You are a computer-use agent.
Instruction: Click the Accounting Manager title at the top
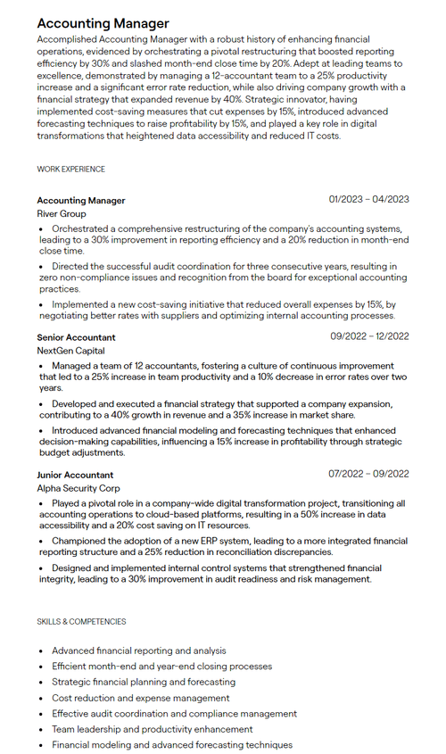point(103,23)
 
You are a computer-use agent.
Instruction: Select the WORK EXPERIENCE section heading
point(70,169)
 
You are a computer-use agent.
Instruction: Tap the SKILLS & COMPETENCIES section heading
point(81,621)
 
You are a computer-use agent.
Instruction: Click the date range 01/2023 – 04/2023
point(368,200)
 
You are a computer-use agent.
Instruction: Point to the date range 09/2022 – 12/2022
point(369,336)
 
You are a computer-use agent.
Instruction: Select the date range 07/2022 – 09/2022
point(368,474)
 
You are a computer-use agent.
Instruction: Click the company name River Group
point(62,214)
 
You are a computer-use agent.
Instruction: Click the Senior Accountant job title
point(76,337)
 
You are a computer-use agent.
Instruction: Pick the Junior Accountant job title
point(75,475)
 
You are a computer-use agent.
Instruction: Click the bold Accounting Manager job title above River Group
point(81,201)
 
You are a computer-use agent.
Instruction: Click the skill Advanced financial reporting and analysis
point(138,650)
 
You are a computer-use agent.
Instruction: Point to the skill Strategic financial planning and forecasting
point(144,682)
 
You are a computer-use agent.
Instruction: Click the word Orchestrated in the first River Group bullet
point(83,229)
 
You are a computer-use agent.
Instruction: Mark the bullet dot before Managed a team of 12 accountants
point(41,367)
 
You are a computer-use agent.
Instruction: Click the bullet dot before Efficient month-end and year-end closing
point(41,667)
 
